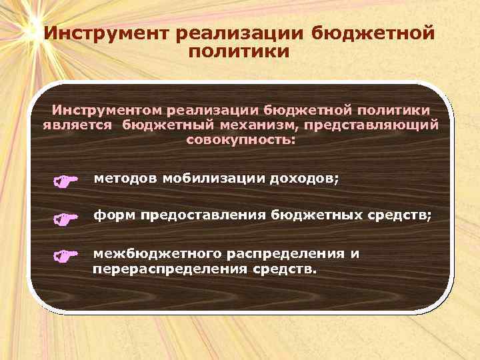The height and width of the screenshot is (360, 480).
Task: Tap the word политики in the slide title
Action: tap(239, 51)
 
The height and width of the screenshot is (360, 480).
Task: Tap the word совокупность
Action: tap(239, 141)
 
